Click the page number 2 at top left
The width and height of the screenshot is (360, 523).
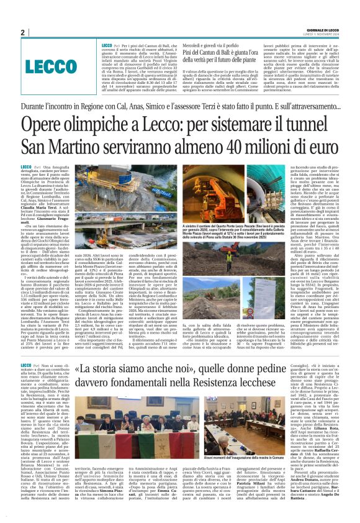pos(22,32)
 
